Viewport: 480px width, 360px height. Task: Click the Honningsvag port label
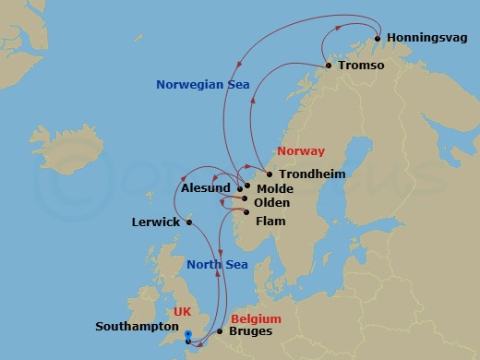point(427,38)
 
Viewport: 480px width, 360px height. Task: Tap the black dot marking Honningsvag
point(378,39)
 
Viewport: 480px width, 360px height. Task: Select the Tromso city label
point(361,66)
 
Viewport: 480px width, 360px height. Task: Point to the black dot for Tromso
point(329,66)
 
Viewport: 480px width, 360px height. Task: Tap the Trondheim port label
point(308,174)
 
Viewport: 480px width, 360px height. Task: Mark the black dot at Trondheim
point(269,174)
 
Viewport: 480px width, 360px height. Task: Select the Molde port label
point(274,187)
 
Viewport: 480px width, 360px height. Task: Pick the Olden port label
point(271,203)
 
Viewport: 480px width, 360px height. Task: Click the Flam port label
point(270,222)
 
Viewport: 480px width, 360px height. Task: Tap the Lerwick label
point(154,222)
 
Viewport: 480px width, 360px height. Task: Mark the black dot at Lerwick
point(190,222)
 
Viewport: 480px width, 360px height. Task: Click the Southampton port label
point(137,327)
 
